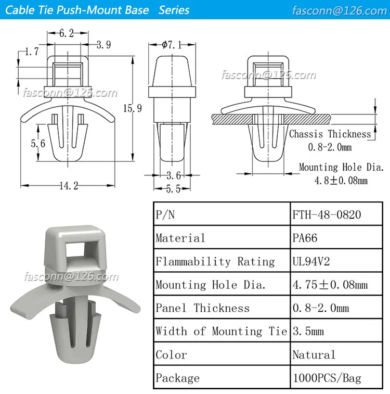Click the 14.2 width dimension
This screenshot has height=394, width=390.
click(x=68, y=186)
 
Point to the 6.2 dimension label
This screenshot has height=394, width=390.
click(x=66, y=33)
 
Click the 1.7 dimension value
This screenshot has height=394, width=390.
click(x=31, y=51)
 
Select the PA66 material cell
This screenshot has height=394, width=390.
click(x=305, y=238)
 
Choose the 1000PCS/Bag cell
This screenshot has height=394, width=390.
click(x=327, y=378)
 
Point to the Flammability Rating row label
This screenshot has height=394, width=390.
click(x=215, y=261)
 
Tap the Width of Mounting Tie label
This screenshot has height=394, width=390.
click(x=221, y=332)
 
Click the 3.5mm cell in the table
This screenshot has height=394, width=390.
click(x=308, y=332)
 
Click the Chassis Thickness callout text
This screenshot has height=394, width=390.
click(x=330, y=134)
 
